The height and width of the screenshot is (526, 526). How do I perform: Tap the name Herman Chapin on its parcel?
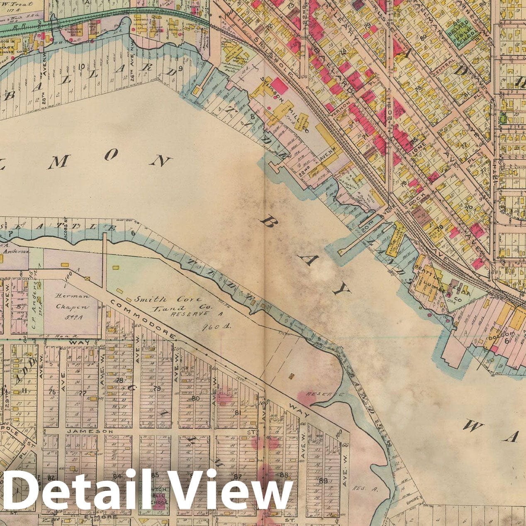click(x=73, y=302)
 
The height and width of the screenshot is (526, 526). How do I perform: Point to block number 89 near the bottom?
click(x=324, y=480)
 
